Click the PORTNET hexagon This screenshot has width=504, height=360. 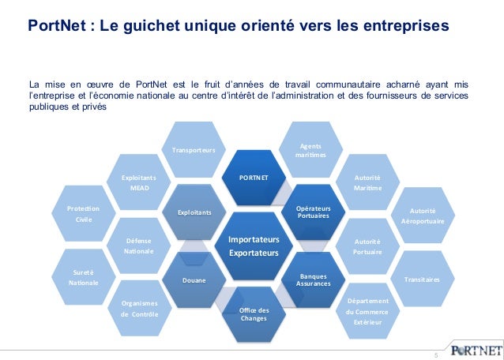254,178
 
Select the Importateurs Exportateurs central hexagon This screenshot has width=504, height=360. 254,246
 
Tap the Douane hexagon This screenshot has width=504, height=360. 194,280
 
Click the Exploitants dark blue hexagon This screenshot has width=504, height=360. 194,213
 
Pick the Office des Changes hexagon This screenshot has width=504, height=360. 254,313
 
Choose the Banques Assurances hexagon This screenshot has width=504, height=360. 314,279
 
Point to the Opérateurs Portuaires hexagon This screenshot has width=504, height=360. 314,212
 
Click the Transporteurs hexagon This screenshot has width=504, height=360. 194,150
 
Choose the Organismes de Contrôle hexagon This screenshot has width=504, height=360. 139,309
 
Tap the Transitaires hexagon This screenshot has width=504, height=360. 422,279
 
